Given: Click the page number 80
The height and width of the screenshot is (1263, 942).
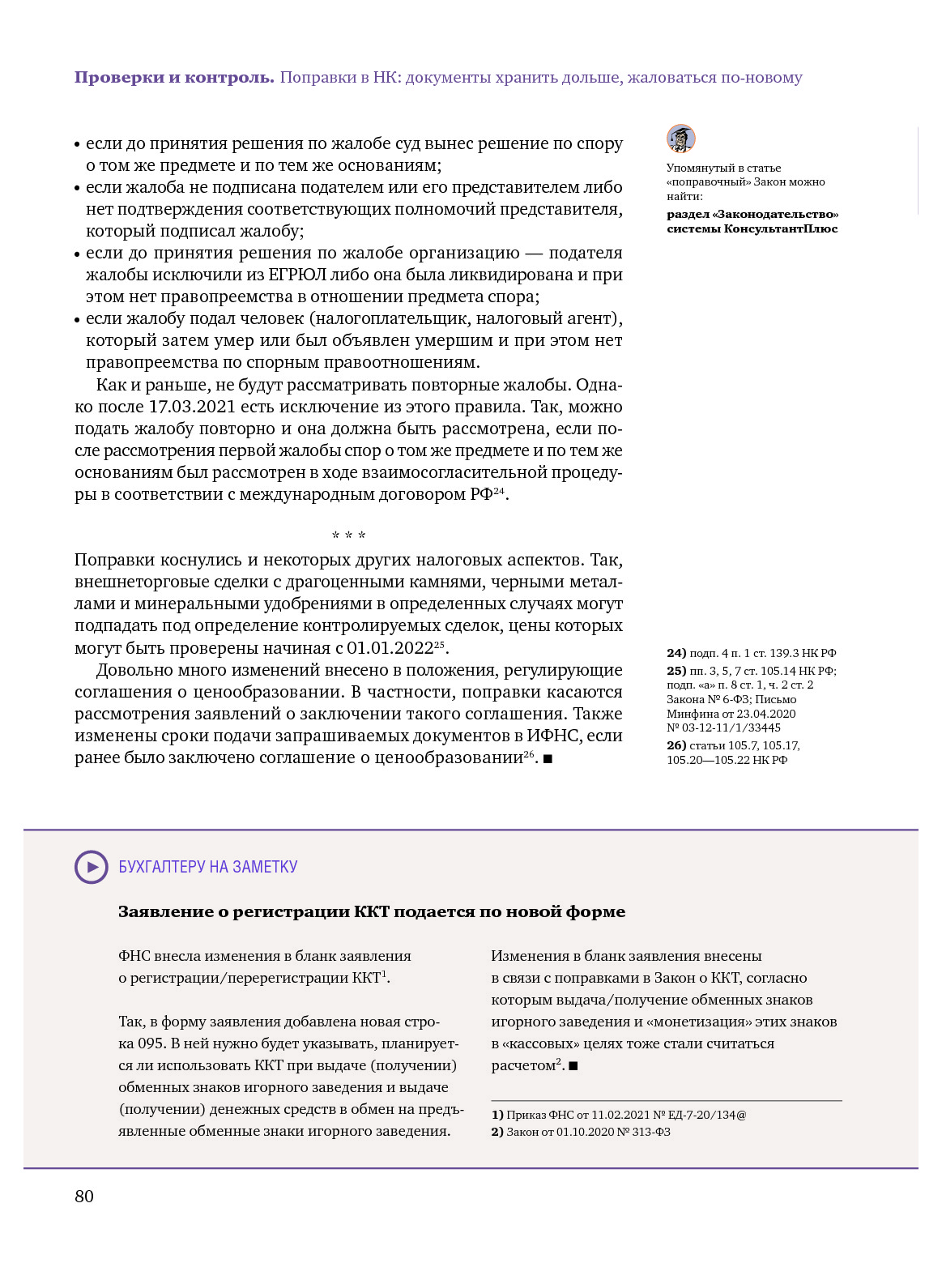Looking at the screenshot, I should [84, 1197].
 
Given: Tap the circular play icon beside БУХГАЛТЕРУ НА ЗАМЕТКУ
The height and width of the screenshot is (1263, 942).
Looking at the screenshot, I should [92, 867].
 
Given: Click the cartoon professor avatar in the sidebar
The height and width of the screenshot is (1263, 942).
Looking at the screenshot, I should [681, 139].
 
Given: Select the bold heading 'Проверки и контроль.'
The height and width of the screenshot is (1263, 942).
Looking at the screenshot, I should [174, 78].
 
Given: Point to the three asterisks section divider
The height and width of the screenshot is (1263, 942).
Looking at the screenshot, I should [348, 535].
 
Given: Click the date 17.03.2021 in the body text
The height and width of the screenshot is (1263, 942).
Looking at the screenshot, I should [192, 407].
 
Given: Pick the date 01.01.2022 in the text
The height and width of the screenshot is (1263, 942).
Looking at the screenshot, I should [390, 648].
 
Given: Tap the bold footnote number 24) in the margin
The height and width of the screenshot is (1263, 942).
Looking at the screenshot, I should [676, 653].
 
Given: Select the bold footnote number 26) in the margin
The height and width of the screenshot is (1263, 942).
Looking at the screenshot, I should [676, 745].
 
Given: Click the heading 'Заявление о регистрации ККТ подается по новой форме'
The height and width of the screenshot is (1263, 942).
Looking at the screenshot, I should [372, 911].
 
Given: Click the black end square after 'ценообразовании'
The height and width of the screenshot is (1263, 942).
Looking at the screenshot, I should [548, 759].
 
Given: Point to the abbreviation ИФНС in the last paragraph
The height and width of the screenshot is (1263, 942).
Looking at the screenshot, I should [553, 736].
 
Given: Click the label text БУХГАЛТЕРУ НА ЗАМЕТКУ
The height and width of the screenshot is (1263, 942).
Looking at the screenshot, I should [208, 867].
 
